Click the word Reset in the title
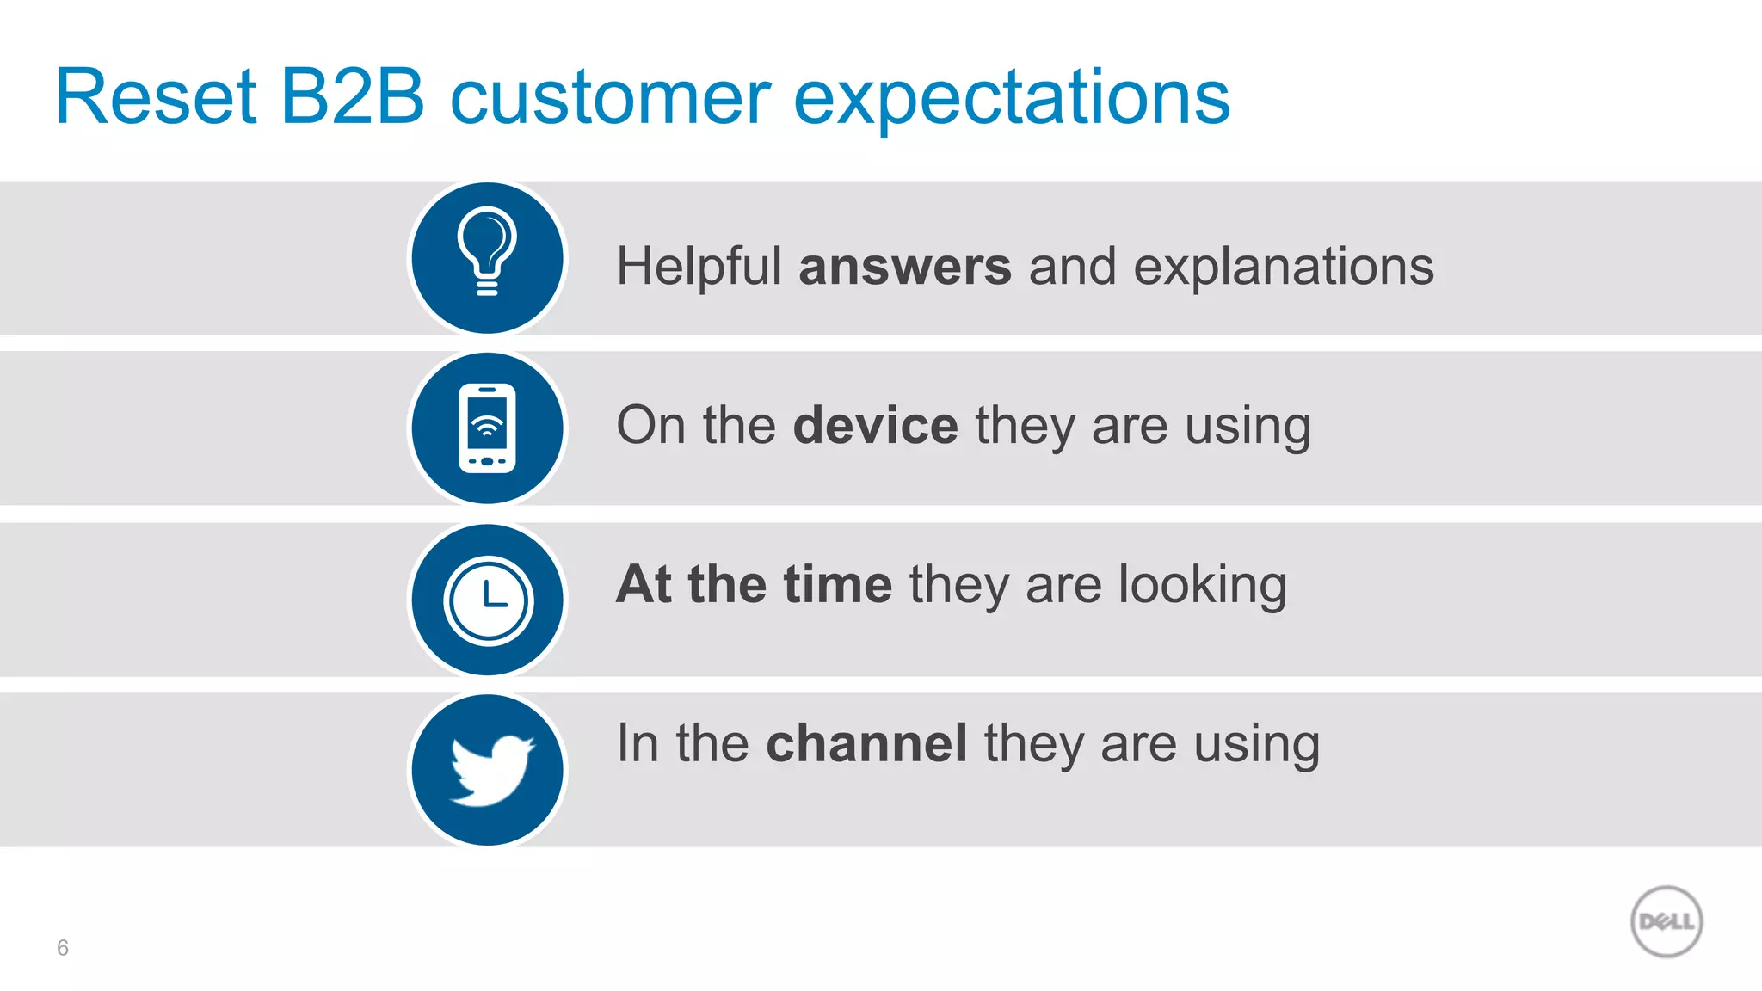click(x=156, y=96)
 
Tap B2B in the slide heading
click(x=352, y=96)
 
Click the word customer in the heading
click(x=610, y=98)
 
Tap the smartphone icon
click(x=487, y=428)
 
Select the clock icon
click(x=488, y=600)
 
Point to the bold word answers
click(x=905, y=267)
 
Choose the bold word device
click(x=875, y=425)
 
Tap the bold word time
click(x=838, y=584)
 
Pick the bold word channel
click(x=866, y=743)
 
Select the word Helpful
click(x=699, y=266)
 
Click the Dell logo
click(x=1667, y=921)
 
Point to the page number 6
click(x=62, y=948)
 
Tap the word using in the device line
click(x=1248, y=428)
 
